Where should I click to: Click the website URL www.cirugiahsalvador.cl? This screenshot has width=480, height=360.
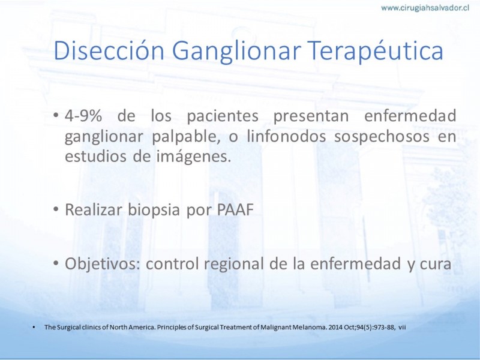coord(425,8)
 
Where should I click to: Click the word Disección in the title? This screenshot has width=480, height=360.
coord(109,50)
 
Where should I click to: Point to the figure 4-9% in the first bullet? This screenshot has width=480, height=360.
coord(83,116)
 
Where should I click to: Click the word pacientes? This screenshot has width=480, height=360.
coord(223,116)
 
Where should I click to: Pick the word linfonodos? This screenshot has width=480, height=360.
coord(286,136)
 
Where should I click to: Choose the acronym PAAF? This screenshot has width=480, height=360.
coord(235,210)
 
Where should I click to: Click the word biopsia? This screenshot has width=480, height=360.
coord(154,210)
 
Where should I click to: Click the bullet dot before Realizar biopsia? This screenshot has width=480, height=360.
coord(56,209)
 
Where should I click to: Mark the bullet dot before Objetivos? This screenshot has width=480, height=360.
coord(56,263)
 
